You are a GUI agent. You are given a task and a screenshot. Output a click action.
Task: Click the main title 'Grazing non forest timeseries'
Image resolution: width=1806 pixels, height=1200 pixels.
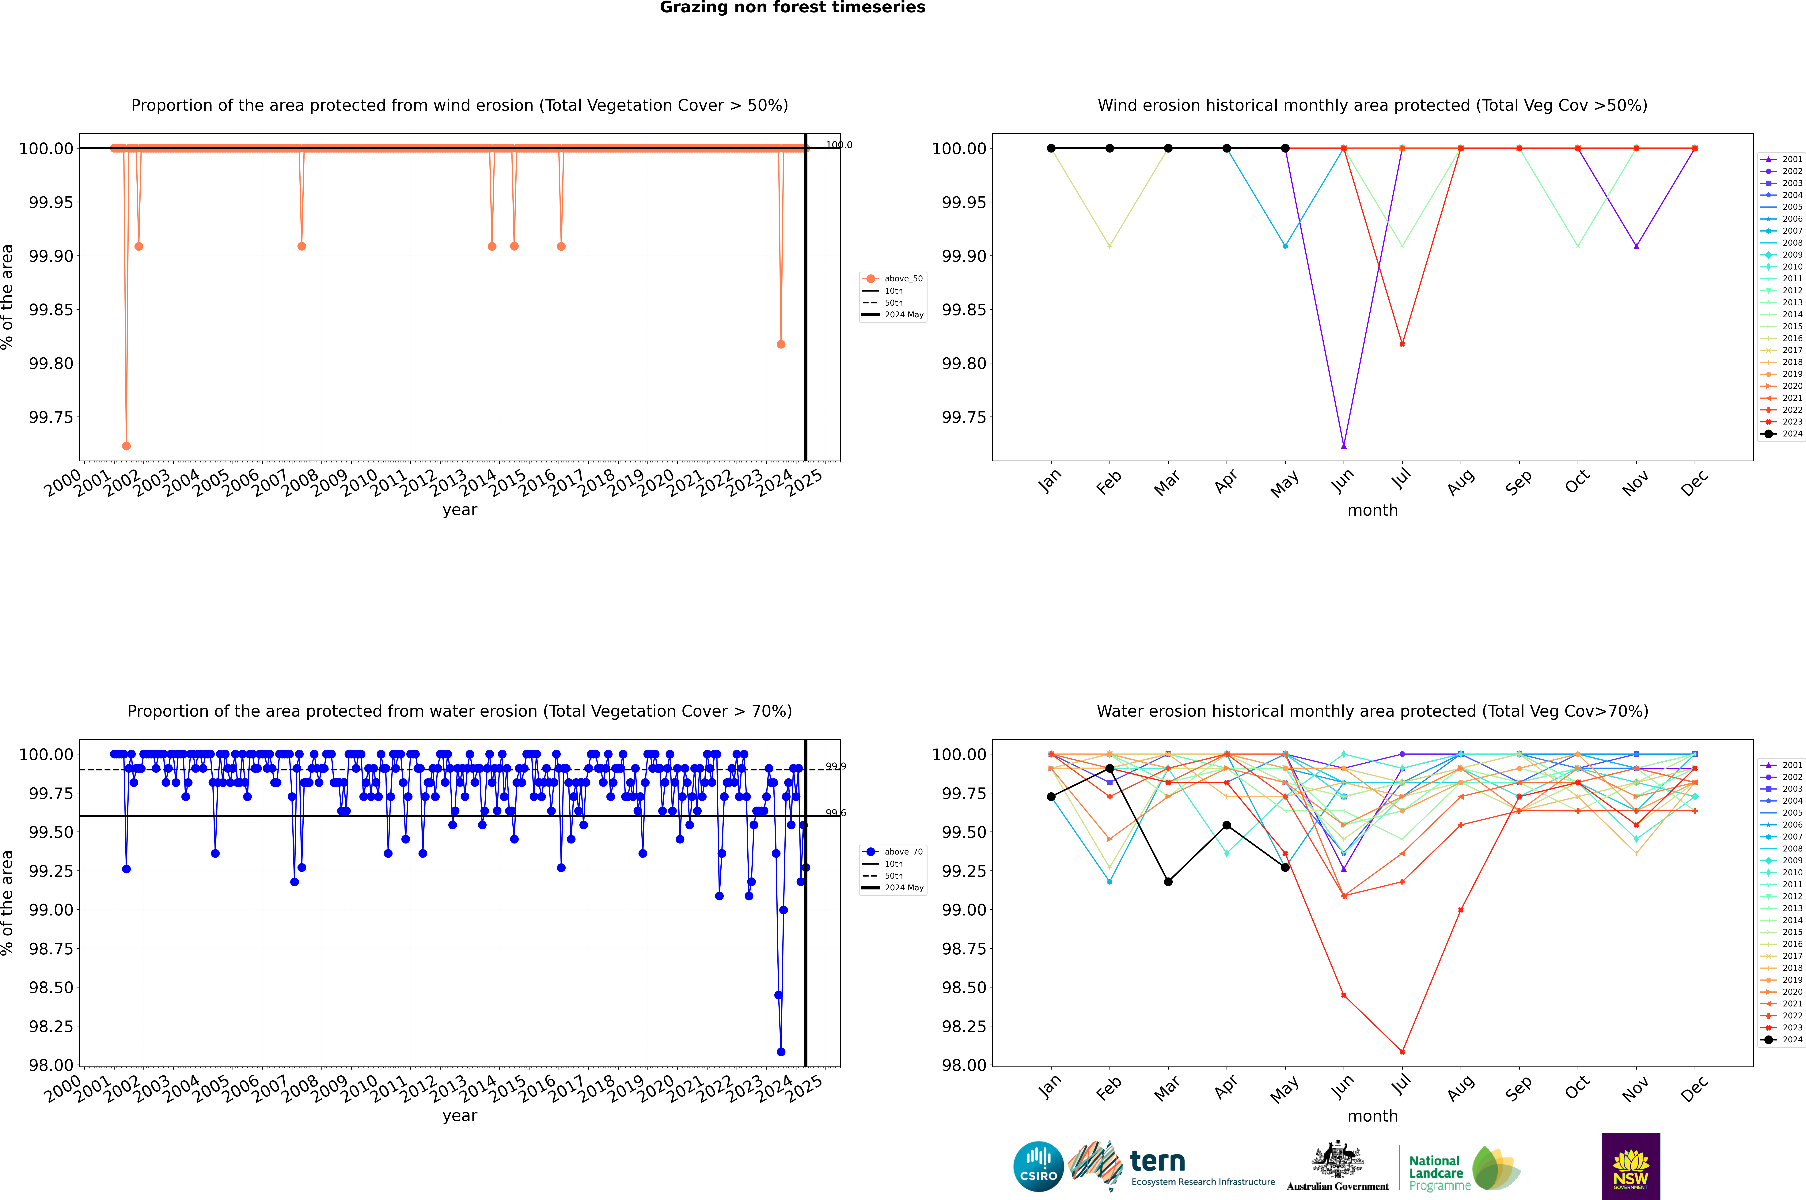tap(792, 8)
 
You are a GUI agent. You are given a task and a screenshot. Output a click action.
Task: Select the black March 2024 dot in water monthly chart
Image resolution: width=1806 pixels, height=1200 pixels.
tap(1168, 882)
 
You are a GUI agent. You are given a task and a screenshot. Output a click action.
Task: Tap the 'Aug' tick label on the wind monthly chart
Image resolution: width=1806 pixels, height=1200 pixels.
tap(1461, 483)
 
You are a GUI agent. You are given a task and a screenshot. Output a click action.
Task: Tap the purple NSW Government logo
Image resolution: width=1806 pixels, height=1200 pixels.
tap(1631, 1166)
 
